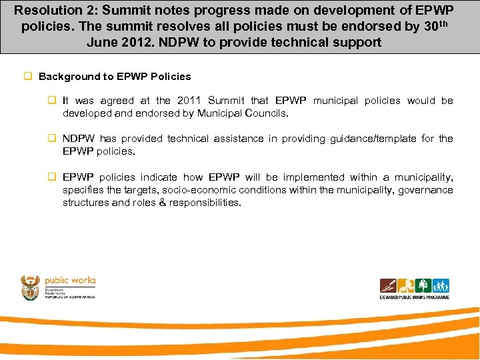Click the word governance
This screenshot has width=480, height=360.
[x=427, y=190]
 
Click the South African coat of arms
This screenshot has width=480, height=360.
[x=31, y=287]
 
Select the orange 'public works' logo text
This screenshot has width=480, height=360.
[x=70, y=281]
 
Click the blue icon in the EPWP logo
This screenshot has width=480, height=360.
[x=441, y=286]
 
